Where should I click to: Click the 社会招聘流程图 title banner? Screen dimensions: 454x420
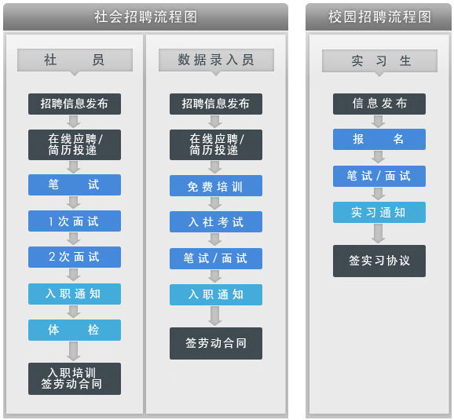point(145,16)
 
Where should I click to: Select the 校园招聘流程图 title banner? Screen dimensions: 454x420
point(379,16)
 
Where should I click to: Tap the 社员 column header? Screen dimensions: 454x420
point(75,60)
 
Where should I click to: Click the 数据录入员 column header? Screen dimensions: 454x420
point(216,60)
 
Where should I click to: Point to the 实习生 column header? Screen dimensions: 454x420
point(379,60)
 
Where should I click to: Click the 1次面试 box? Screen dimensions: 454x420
point(75,221)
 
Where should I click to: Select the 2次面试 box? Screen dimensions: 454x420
point(75,257)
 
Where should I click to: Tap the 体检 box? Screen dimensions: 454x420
point(75,330)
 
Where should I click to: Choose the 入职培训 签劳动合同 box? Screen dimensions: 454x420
point(75,378)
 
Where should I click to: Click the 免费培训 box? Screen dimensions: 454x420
point(216,186)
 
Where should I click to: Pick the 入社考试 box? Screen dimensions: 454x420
point(216,221)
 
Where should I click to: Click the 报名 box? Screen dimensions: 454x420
point(379,139)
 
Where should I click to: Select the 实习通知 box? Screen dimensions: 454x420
point(379,213)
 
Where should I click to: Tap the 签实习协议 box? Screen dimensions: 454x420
point(379,261)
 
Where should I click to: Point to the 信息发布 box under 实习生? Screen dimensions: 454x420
point(379,104)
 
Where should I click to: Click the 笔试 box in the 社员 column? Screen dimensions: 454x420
point(75,184)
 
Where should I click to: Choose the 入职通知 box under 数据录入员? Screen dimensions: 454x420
point(216,294)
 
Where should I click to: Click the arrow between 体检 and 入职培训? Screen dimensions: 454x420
point(74,352)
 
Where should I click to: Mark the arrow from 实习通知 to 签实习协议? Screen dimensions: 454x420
point(379,234)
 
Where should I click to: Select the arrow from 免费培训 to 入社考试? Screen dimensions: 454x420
point(215,203)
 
